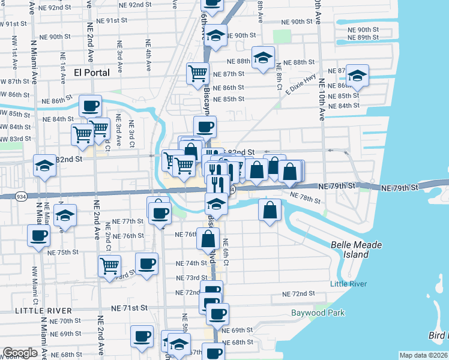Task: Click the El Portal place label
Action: [92, 73]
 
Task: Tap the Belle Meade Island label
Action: [350, 250]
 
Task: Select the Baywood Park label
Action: [318, 313]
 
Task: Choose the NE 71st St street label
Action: [129, 307]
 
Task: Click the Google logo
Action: [20, 353]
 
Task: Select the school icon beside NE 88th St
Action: [263, 58]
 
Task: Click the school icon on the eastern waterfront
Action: [357, 75]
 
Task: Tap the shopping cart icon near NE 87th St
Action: [197, 74]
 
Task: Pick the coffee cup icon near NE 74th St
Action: [146, 263]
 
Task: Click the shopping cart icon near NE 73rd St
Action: [109, 265]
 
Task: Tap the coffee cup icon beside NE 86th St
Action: [91, 106]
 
